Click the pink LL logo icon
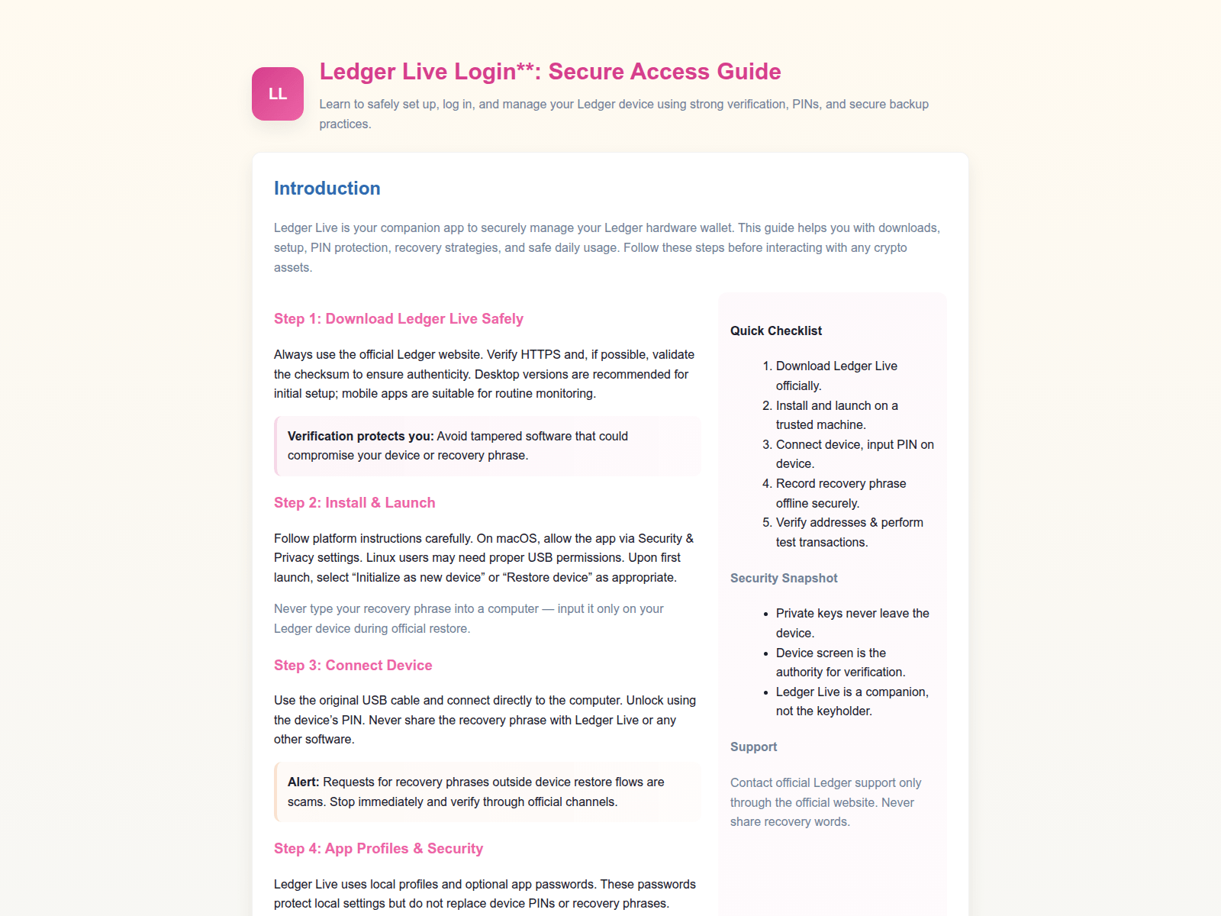point(278,94)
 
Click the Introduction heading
point(327,189)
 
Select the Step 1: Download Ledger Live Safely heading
point(398,319)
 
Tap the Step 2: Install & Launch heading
point(354,503)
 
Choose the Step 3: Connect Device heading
point(353,666)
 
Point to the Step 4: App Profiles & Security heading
point(378,849)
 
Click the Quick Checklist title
point(775,331)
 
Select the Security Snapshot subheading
point(783,579)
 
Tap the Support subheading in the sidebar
point(753,747)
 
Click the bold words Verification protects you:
point(360,437)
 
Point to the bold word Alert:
point(303,782)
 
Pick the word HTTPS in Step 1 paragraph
point(540,355)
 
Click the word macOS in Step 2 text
point(517,539)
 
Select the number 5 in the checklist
point(766,523)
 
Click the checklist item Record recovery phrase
point(840,484)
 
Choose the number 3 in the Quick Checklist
point(766,445)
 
